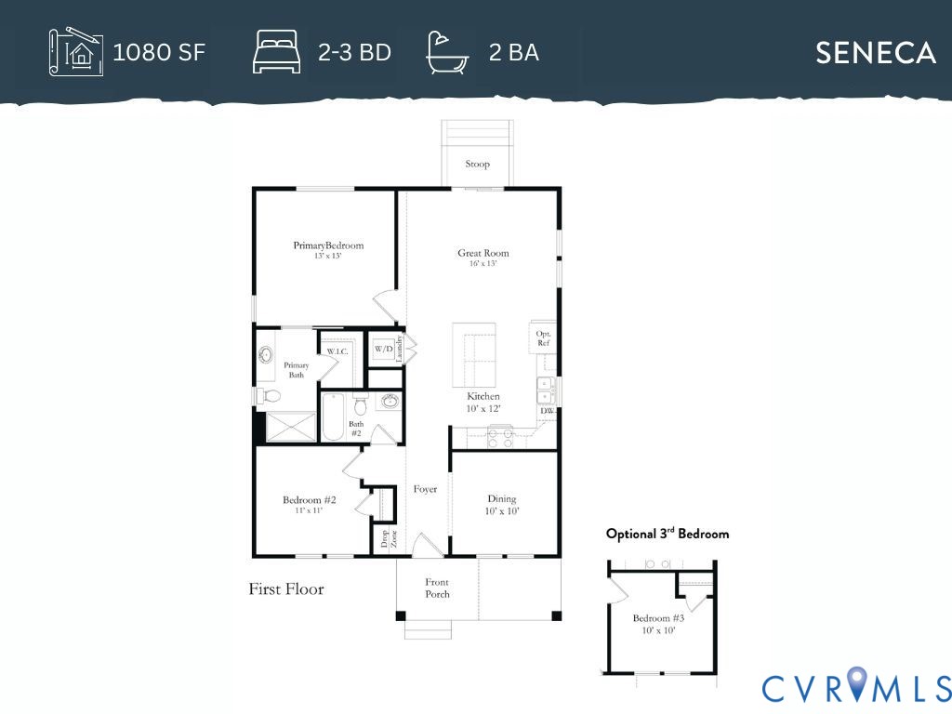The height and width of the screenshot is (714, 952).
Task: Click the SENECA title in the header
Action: pyautogui.click(x=875, y=53)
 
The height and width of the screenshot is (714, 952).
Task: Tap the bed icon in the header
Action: pyautogui.click(x=276, y=52)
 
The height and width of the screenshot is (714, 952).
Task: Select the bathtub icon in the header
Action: pyautogui.click(x=447, y=53)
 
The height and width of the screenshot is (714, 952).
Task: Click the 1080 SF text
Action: pyautogui.click(x=159, y=52)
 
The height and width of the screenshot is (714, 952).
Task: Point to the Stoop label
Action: pyautogui.click(x=477, y=164)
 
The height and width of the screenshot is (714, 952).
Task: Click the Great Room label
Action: pyautogui.click(x=483, y=253)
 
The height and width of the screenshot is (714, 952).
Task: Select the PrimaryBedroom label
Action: pyautogui.click(x=328, y=245)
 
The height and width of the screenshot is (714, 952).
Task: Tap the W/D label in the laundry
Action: pyautogui.click(x=383, y=350)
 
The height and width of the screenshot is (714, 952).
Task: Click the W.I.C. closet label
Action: pyautogui.click(x=337, y=351)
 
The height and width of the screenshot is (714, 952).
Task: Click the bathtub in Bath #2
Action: pyautogui.click(x=333, y=416)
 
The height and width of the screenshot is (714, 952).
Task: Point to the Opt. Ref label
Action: pyautogui.click(x=543, y=338)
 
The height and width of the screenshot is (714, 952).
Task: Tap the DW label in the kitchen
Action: pyautogui.click(x=547, y=411)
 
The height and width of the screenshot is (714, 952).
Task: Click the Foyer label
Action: pyautogui.click(x=425, y=489)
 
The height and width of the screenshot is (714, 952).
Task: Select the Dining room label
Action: pyautogui.click(x=501, y=498)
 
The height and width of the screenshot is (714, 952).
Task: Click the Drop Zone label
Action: pyautogui.click(x=389, y=539)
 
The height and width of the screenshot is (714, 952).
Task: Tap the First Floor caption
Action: pyautogui.click(x=286, y=588)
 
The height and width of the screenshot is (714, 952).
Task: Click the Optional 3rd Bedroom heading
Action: pyautogui.click(x=668, y=534)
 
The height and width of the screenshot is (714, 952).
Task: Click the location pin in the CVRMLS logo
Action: pyautogui.click(x=855, y=681)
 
